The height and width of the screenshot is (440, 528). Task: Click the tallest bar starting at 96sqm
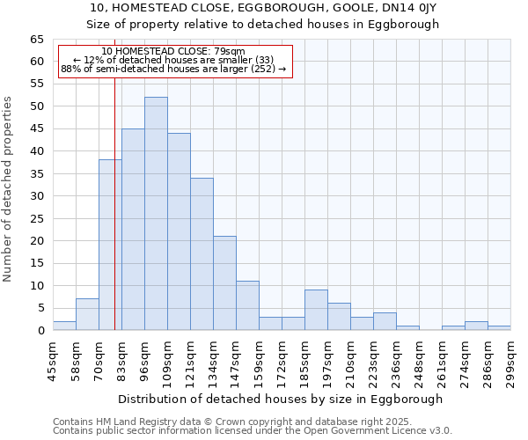156,214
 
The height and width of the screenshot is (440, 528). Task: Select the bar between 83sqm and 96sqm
133,230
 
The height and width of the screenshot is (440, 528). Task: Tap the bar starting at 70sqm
110,245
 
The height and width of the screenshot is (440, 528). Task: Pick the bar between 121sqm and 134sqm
202,254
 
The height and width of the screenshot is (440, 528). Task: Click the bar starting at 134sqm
224,283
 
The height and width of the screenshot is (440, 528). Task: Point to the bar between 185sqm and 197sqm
316,310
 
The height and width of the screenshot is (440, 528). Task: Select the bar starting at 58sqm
87,314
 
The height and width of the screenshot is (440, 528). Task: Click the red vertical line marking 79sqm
115,220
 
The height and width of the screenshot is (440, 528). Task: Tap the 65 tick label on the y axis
36,40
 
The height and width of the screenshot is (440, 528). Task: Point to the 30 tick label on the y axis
36,196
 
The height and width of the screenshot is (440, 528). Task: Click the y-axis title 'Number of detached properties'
8,188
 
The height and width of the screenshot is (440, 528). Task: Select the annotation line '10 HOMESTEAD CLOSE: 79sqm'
173,51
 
